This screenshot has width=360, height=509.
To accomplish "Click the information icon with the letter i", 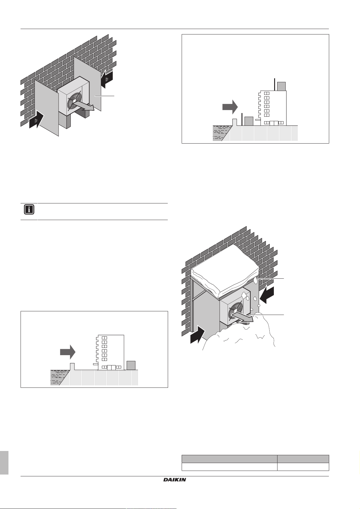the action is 29,210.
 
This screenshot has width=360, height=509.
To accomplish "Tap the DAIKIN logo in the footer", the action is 175,480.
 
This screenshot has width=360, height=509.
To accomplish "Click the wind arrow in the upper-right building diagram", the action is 230,107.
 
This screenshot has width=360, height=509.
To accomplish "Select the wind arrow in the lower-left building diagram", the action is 67,352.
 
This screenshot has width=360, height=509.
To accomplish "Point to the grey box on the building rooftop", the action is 281,86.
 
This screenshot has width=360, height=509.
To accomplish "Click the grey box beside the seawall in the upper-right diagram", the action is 248,121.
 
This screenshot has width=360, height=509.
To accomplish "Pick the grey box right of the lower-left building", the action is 131,365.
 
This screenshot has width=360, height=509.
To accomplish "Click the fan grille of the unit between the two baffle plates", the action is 74,100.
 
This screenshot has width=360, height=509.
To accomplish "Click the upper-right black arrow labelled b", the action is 107,79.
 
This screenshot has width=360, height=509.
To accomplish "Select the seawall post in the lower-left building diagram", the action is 72,366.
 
